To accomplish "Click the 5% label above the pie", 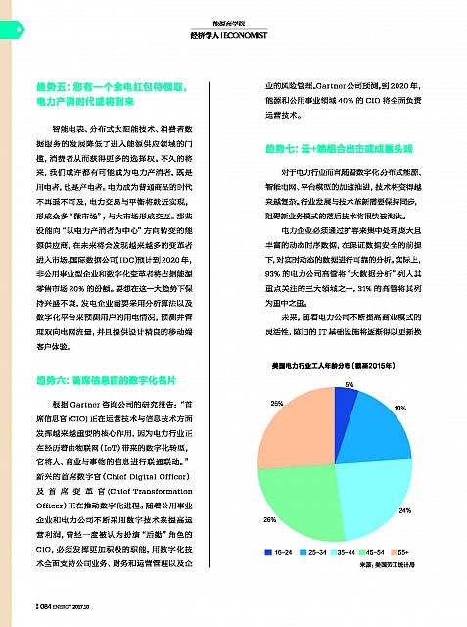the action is click(350, 385).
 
